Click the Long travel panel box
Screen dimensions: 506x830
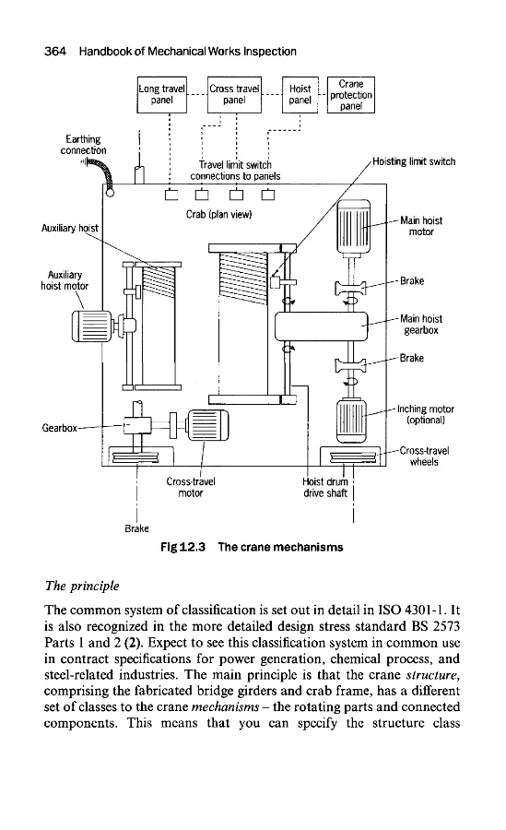(x=162, y=95)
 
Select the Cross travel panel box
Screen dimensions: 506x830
(x=234, y=95)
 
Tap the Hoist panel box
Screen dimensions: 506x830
(x=300, y=95)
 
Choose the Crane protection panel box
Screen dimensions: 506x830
(x=351, y=95)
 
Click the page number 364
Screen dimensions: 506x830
(x=55, y=52)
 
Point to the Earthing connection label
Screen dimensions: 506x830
(x=83, y=145)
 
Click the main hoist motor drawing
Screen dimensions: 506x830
(x=354, y=226)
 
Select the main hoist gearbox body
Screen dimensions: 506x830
(x=321, y=326)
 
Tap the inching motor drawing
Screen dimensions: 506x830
(x=351, y=421)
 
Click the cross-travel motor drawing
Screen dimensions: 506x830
(x=208, y=425)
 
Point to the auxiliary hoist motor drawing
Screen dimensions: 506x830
(x=92, y=326)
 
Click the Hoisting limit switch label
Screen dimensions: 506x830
(x=414, y=161)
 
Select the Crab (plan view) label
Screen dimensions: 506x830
(x=218, y=214)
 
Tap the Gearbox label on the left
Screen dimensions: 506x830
(x=59, y=428)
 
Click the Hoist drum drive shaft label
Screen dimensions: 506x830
(x=325, y=488)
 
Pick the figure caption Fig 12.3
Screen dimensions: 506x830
(x=182, y=547)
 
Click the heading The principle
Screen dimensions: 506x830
(x=82, y=586)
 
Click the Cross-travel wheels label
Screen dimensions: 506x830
(x=424, y=456)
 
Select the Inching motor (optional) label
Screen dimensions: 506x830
(x=426, y=414)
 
